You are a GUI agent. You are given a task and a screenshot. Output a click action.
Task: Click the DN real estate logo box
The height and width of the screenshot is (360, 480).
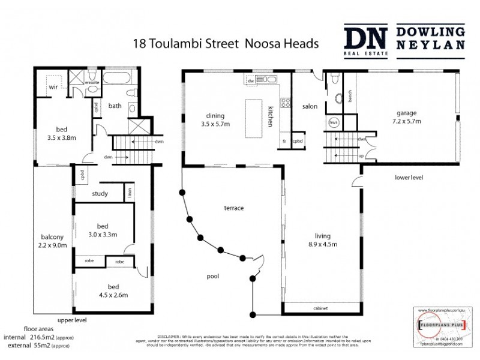366,40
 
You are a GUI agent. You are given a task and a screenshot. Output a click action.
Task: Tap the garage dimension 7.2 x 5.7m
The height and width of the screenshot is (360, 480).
408,121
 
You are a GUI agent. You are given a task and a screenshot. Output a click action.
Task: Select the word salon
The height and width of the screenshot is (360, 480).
310,106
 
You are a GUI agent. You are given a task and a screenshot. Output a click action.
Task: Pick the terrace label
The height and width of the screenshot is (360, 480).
233,208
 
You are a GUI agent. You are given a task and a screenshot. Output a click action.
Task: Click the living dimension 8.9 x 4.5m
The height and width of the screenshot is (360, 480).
322,244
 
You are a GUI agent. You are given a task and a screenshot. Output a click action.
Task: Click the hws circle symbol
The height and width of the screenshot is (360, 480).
334,122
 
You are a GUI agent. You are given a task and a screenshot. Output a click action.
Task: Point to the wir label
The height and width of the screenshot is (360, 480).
53,87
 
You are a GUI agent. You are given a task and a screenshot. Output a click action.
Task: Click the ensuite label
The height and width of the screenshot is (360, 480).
92,83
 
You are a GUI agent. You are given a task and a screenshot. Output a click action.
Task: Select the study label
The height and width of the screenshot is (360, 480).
100,193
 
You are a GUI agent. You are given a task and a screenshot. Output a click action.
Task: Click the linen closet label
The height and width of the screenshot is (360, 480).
129,193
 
